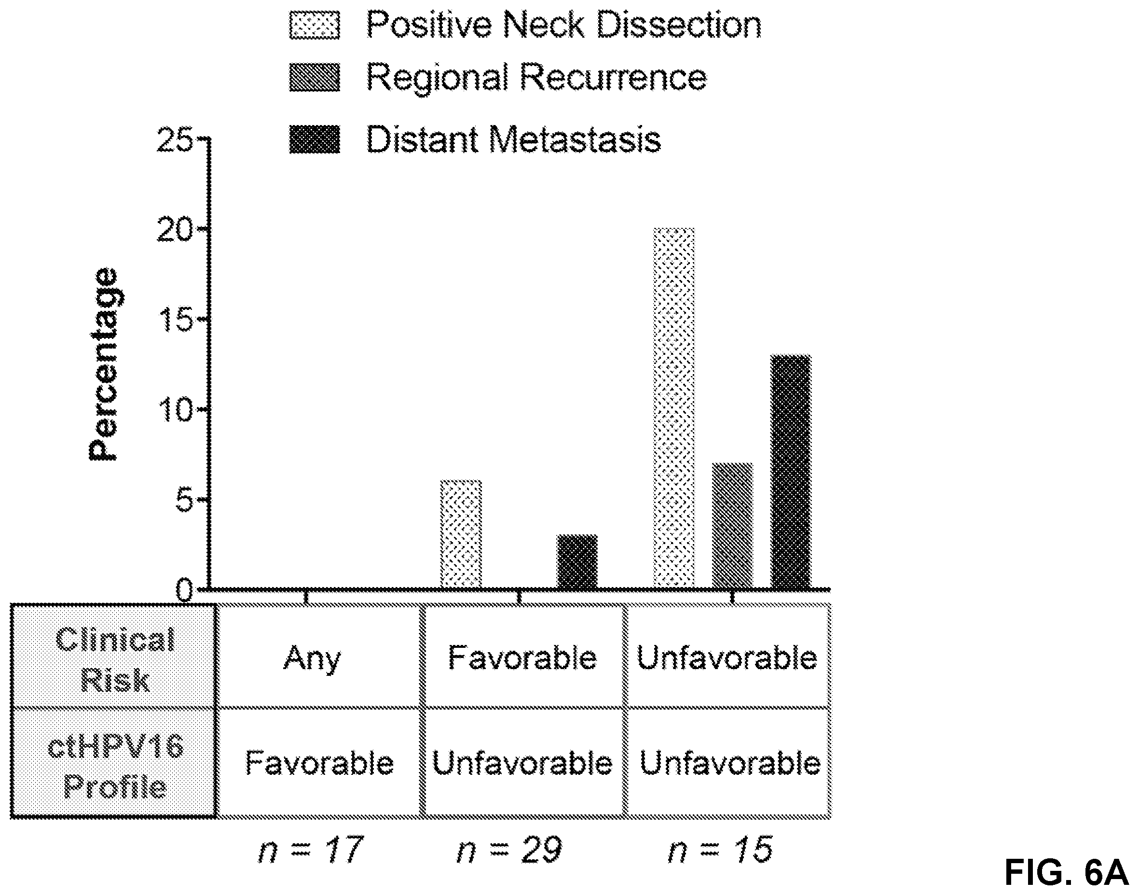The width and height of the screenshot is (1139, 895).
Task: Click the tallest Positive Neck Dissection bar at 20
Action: coord(673,408)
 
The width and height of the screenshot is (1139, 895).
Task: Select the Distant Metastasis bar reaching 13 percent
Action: coord(791,472)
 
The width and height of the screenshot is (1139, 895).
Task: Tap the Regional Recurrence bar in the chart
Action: coord(732,526)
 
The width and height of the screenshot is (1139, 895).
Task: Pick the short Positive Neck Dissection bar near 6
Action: coord(461,534)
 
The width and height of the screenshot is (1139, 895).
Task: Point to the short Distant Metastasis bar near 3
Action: coord(577,562)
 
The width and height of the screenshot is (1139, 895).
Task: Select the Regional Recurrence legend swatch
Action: coord(315,78)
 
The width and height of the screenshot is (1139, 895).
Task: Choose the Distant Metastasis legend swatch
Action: coord(315,140)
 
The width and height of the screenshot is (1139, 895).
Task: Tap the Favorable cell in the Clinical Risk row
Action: coord(522,656)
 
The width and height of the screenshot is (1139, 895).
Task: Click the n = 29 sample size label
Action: coord(509,850)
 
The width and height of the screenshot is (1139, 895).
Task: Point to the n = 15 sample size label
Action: coord(721,850)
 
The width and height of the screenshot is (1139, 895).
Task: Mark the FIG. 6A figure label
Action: coord(1066,873)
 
